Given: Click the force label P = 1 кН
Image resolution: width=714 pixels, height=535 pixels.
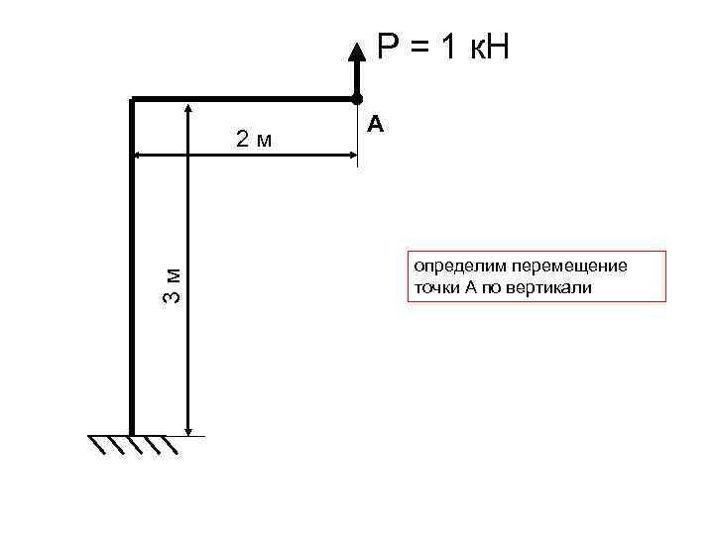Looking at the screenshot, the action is [441, 48].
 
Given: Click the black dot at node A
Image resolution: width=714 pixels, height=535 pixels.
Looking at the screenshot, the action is [356, 98].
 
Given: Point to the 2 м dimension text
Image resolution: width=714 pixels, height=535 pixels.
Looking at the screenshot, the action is [253, 140].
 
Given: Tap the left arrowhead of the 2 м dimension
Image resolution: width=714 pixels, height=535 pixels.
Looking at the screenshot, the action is [139, 156].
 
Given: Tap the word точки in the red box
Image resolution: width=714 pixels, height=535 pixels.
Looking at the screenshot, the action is [436, 288].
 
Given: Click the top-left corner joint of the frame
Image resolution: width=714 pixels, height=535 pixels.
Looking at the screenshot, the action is [132, 99].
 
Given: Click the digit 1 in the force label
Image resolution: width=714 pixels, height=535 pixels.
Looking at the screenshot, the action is [451, 48].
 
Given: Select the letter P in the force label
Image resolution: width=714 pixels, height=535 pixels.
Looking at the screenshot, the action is [386, 48].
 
